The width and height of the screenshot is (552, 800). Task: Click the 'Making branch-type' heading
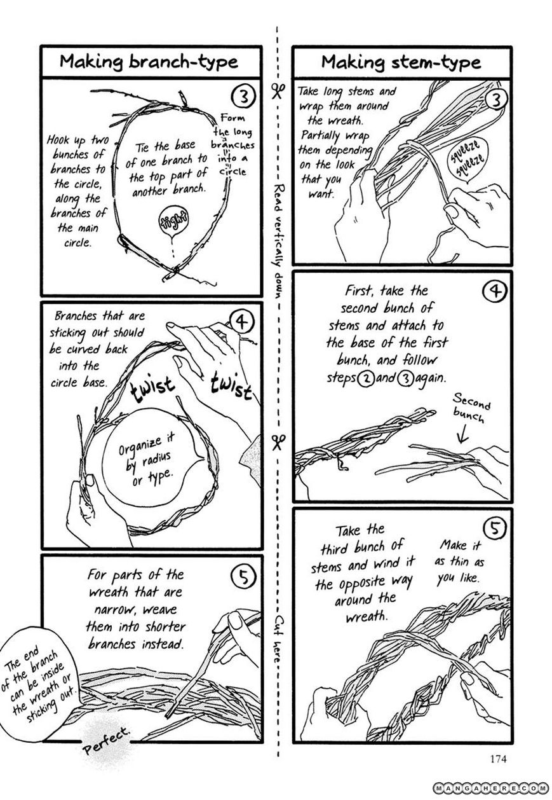coord(149,62)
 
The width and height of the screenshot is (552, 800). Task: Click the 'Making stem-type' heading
coord(401,62)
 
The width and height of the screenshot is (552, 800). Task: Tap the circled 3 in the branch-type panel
coord(243,97)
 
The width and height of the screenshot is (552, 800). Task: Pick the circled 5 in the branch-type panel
coord(243,577)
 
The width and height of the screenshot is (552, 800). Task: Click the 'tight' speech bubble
coord(174,222)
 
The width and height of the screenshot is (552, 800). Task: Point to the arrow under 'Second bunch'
coord(462,434)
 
